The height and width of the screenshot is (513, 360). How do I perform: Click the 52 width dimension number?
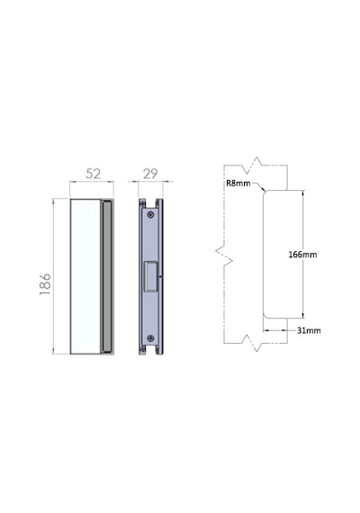pyautogui.click(x=93, y=174)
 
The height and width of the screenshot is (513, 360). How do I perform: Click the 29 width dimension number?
pyautogui.click(x=150, y=174)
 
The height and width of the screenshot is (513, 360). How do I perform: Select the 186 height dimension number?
pyautogui.click(x=45, y=284)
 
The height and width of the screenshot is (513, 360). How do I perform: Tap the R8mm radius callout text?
pyautogui.click(x=238, y=183)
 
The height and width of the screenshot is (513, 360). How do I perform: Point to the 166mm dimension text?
pyautogui.click(x=302, y=254)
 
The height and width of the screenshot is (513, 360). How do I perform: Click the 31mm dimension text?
pyautogui.click(x=309, y=330)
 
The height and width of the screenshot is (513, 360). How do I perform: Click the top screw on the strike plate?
pyautogui.click(x=150, y=214)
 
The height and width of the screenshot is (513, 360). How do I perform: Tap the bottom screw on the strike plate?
pyautogui.click(x=150, y=338)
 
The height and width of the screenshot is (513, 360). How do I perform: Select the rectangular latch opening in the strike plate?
pyautogui.click(x=151, y=276)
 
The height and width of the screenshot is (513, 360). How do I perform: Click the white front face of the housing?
pyautogui.click(x=85, y=276)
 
